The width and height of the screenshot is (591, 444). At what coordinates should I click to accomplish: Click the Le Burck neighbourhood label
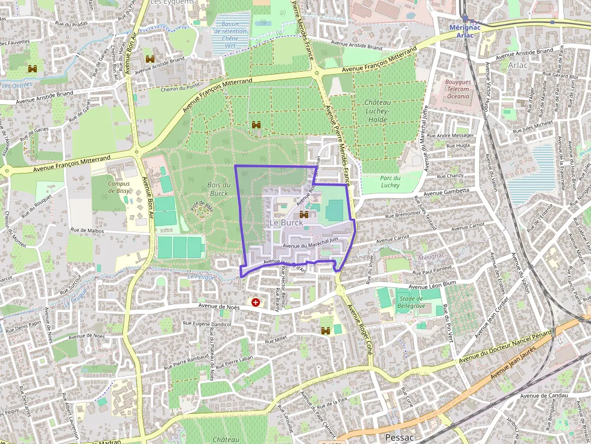pyautogui.click(x=286, y=222)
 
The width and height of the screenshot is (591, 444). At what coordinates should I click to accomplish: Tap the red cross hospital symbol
pyautogui.click(x=256, y=302)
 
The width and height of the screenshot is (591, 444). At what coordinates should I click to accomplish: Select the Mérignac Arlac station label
pyautogui.click(x=465, y=31)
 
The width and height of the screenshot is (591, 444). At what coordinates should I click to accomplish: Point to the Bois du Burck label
pyautogui.click(x=219, y=189)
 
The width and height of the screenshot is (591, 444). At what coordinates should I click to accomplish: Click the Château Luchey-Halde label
pyautogui.click(x=378, y=110)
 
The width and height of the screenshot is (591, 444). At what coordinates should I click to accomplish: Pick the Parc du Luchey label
pyautogui.click(x=390, y=181)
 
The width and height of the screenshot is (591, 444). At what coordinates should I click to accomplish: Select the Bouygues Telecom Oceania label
pyautogui.click(x=457, y=89)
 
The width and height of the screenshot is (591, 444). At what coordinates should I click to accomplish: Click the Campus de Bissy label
pyautogui.click(x=119, y=187)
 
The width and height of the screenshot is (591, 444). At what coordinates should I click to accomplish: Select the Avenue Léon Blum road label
pyautogui.click(x=432, y=285)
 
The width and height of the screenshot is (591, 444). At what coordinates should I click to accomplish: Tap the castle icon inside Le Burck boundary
pyautogui.click(x=305, y=214)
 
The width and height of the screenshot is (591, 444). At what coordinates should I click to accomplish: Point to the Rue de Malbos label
pyautogui.click(x=88, y=230)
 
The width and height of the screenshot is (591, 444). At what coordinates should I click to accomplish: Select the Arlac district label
pyautogui.click(x=518, y=65)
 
